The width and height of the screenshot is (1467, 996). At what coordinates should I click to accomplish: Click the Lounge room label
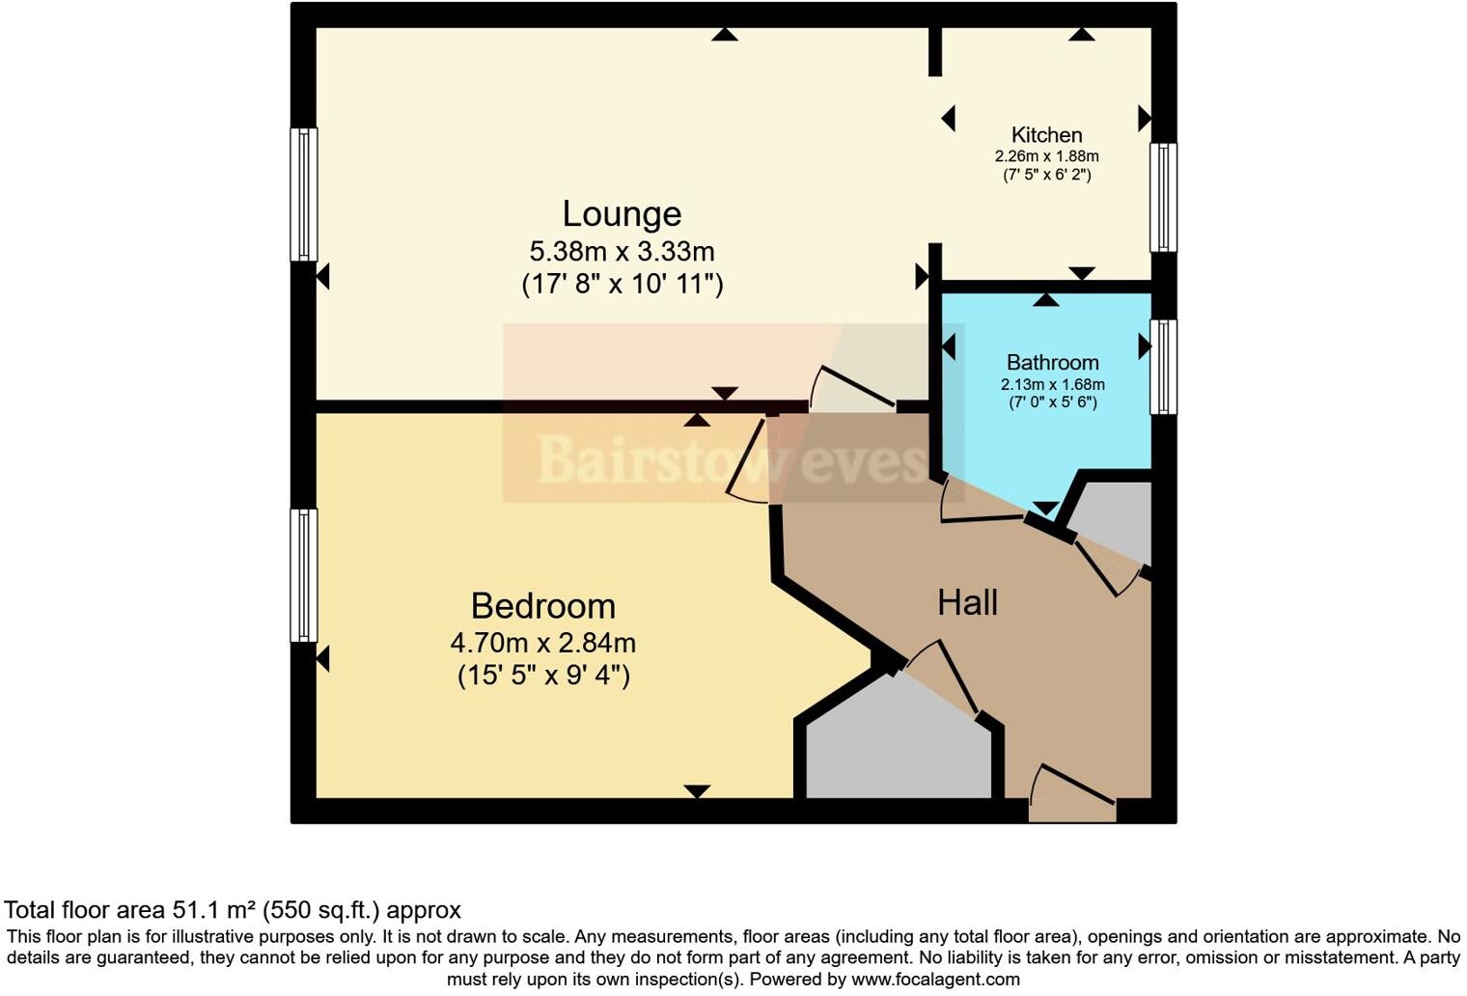click(622, 213)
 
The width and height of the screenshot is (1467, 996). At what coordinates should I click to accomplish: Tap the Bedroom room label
click(542, 606)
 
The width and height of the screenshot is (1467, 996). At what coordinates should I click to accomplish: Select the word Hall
click(967, 603)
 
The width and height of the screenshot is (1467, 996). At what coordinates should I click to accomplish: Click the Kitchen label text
click(1046, 135)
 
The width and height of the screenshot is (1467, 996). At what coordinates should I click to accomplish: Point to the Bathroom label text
click(1052, 363)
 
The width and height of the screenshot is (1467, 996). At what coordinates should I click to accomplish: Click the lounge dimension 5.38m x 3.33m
click(622, 252)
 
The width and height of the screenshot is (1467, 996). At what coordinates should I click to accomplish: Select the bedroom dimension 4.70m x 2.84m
click(542, 643)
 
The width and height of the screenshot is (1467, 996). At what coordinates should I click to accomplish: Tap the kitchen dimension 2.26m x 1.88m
click(1046, 156)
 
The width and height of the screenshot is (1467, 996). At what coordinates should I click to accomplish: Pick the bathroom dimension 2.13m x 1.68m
click(1052, 384)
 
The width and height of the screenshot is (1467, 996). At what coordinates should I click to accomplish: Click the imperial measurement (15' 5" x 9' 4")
click(543, 676)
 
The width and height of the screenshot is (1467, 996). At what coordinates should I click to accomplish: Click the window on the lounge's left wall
click(304, 195)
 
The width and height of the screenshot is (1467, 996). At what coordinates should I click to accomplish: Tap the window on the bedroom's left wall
click(304, 575)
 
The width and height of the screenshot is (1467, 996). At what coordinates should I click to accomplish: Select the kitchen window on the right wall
click(1163, 198)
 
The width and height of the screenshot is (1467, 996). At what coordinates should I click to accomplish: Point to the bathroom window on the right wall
click(1163, 367)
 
